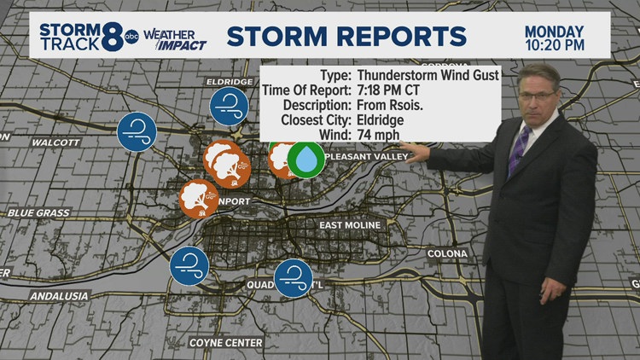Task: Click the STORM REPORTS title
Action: click(x=346, y=37)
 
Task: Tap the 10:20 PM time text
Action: click(x=555, y=44)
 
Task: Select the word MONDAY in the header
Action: click(x=555, y=28)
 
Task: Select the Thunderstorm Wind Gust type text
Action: click(x=433, y=75)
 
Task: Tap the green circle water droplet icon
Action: click(x=305, y=160)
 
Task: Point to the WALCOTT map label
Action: click(x=55, y=142)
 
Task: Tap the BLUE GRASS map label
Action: click(x=37, y=212)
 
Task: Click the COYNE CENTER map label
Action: click(x=226, y=343)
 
